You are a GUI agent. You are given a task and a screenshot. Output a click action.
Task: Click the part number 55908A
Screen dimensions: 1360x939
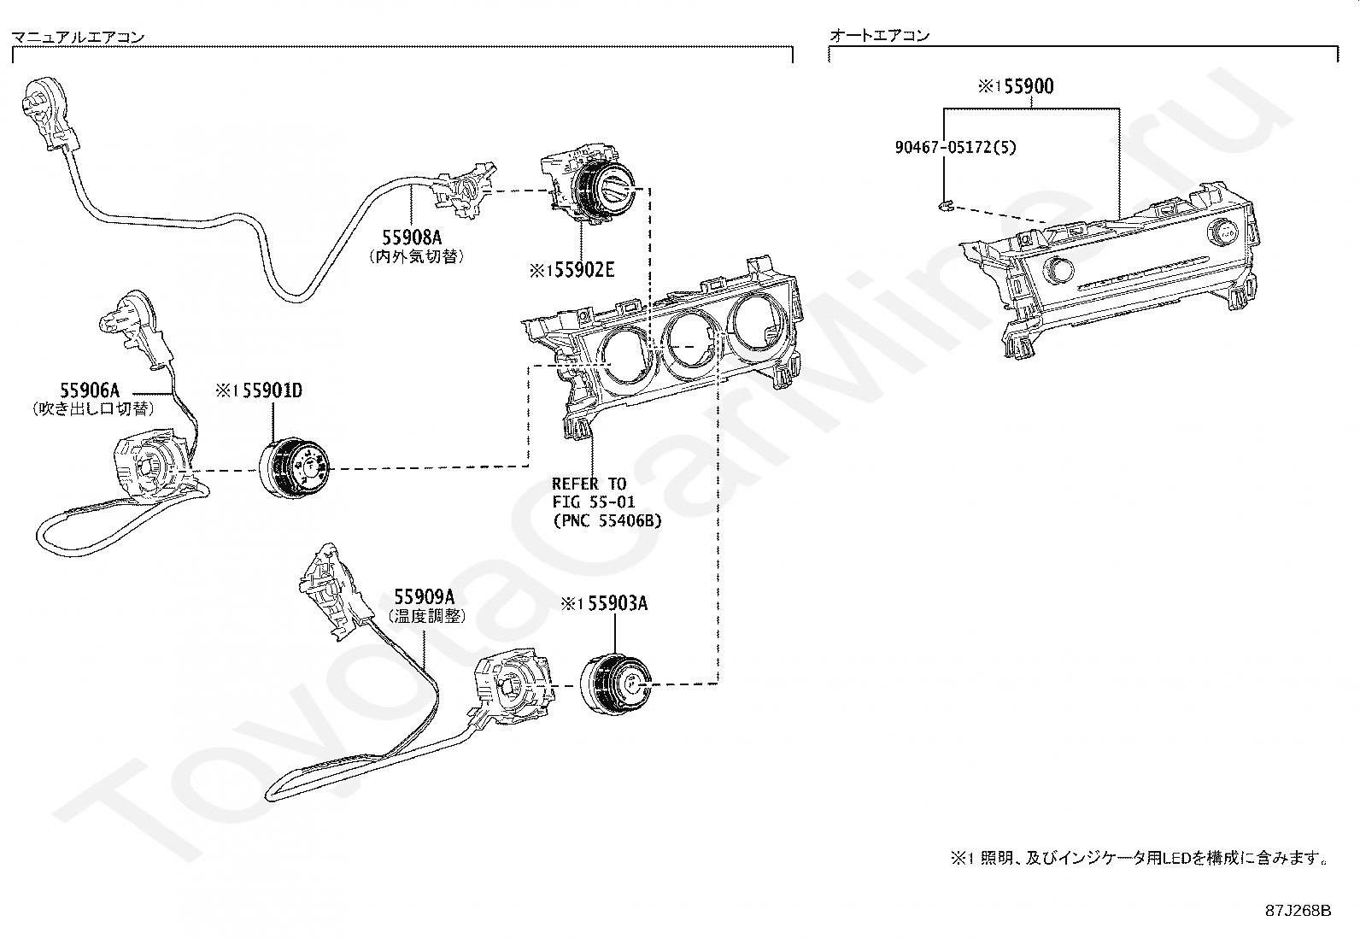[x=412, y=237]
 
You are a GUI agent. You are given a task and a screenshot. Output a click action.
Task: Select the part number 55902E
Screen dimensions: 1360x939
[x=584, y=270]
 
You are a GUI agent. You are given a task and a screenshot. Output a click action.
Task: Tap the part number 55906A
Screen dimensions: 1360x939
[x=89, y=390]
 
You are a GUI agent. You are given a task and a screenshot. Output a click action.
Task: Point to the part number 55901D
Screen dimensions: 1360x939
[x=272, y=390]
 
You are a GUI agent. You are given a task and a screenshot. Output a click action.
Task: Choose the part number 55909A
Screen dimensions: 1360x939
[x=424, y=596]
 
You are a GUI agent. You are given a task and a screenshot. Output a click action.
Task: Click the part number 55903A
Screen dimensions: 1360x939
[x=618, y=603]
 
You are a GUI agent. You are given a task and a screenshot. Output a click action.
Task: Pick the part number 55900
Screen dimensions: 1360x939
[x=1029, y=86]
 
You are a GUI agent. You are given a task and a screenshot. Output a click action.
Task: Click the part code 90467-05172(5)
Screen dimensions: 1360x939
[x=955, y=147]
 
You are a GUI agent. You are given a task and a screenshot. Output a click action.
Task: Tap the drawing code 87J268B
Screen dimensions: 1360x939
[x=1298, y=911]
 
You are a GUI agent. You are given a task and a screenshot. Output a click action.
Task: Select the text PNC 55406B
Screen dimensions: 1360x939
[x=610, y=520]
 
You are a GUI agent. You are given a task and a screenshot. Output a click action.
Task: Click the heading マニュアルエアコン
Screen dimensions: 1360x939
[x=79, y=37]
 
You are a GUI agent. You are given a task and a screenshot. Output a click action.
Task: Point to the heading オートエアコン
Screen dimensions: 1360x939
[x=880, y=35]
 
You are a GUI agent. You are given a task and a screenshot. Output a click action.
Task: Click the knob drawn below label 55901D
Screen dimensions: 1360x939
[x=295, y=467]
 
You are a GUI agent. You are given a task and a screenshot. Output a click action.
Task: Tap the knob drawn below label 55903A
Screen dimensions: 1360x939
[x=615, y=684]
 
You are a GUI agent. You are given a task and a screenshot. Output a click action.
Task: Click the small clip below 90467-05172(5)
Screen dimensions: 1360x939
[x=944, y=205]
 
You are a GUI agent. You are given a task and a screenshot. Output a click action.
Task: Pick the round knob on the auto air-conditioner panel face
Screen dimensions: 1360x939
[x=1058, y=269]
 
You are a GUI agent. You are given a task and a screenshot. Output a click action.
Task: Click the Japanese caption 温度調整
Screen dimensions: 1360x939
[x=427, y=616]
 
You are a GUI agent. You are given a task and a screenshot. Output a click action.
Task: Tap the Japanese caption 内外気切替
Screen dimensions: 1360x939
[x=417, y=256]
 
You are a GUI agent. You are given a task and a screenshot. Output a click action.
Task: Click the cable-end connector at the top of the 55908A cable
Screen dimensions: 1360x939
[x=49, y=115]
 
